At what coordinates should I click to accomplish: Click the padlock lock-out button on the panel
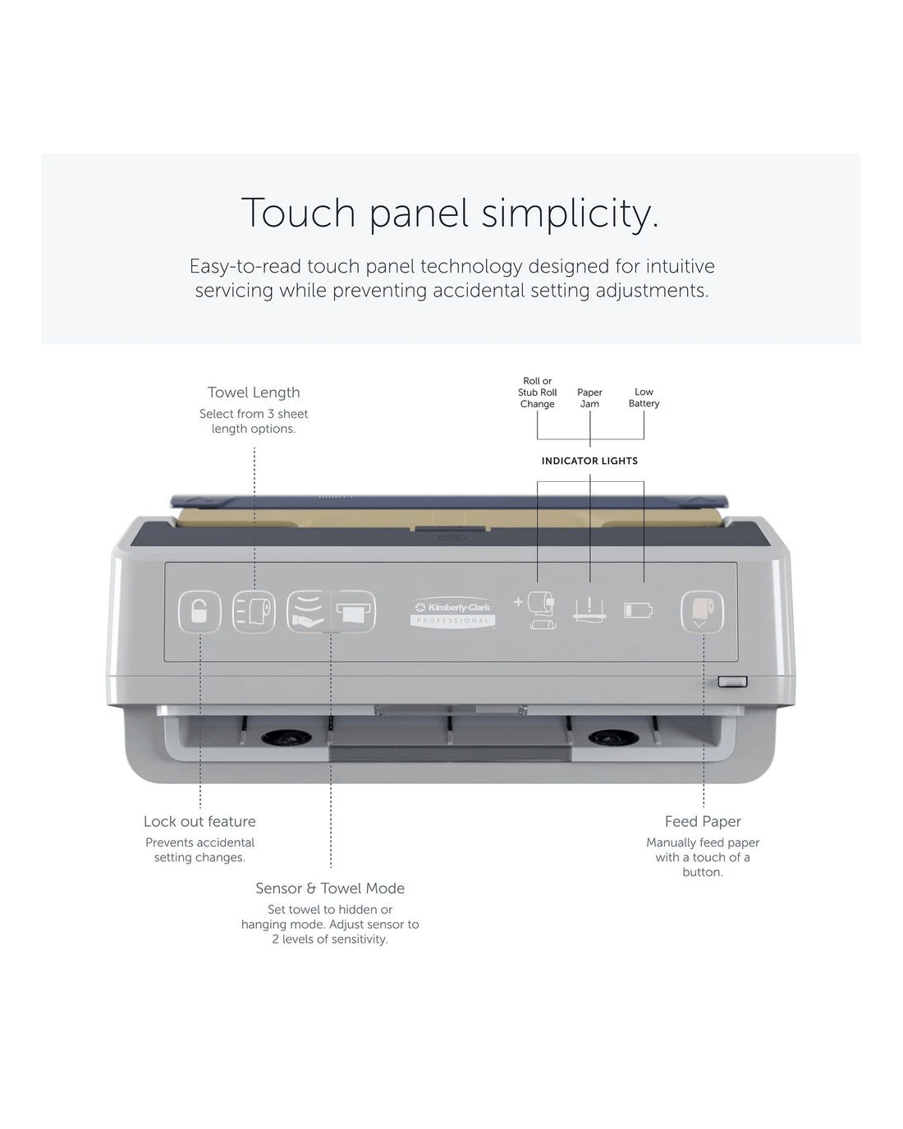coord(199,612)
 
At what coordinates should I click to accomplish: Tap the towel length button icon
coord(254,612)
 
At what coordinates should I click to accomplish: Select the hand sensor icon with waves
coord(309,612)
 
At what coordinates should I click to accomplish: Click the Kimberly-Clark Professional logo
coord(453,613)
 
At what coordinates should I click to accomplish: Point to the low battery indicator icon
coord(638,611)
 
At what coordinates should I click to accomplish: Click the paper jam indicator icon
coord(589,610)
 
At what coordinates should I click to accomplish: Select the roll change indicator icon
coord(537,610)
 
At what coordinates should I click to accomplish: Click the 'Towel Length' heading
coord(254,392)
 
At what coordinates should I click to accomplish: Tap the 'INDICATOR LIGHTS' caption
coord(589,461)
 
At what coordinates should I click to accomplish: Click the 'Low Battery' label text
coord(644,397)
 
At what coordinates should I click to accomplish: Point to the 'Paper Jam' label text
coord(589,398)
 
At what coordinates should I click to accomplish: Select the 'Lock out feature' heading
coord(200,821)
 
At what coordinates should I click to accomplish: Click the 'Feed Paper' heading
coord(703,821)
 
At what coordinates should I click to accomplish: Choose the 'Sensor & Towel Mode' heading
coord(330,888)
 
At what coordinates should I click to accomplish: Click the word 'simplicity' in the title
coord(565,213)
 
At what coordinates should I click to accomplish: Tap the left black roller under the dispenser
coord(286,737)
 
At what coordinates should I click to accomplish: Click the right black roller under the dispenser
coord(613,737)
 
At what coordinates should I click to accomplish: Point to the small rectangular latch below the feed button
coord(732,682)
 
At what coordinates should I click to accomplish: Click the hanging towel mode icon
coord(354,612)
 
